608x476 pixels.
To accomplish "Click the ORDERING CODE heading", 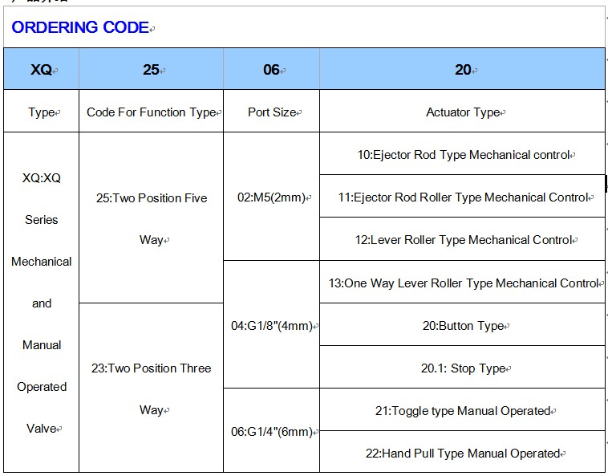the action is tap(80, 27).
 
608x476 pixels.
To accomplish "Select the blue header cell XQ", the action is tap(42, 69).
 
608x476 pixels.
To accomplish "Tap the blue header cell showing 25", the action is tap(152, 69).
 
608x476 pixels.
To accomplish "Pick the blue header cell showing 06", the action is tap(271, 69).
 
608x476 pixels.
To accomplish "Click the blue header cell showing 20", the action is tap(463, 69).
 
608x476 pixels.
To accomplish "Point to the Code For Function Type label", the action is tap(152, 112).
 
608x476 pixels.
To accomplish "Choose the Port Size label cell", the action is tap(272, 112).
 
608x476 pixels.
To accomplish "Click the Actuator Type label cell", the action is tap(463, 112).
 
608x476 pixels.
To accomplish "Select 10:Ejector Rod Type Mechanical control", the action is tap(464, 155).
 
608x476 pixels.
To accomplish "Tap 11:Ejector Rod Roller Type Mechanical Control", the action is tap(464, 197).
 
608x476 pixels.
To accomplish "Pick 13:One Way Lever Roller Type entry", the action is tap(464, 283).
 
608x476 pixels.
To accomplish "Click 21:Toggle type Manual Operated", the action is tap(463, 411).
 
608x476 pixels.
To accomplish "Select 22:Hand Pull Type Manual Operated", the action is tap(463, 454).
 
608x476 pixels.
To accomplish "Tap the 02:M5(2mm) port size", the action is tap(271, 197).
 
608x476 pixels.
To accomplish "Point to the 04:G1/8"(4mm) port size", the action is tap(272, 326).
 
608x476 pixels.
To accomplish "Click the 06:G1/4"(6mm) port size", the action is tap(272, 432).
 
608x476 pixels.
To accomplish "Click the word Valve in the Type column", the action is tap(42, 429).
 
